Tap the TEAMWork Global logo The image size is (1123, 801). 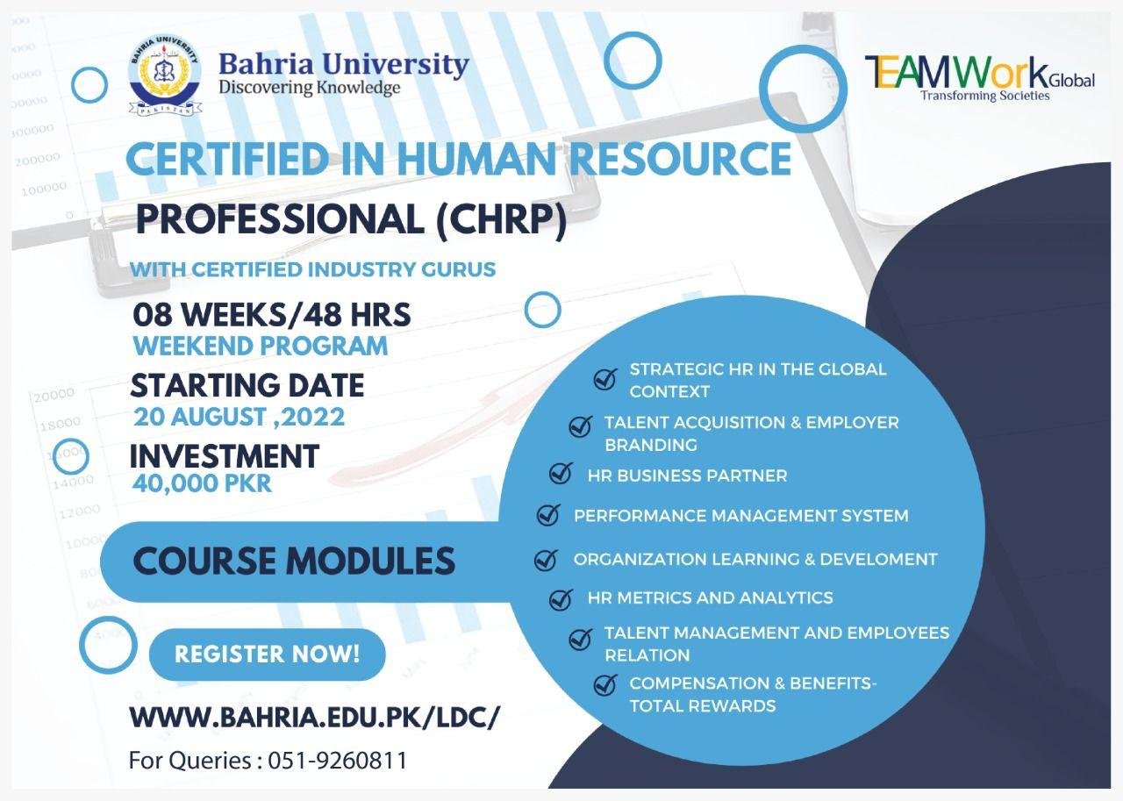tap(980, 79)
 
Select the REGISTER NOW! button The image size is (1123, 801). tap(268, 654)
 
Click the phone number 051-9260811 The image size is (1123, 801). tap(338, 761)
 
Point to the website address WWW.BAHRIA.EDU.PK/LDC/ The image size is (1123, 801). tap(314, 718)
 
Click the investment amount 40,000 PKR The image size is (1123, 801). tap(202, 483)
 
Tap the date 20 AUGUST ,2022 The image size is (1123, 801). tap(240, 417)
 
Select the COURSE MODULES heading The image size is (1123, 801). tap(294, 561)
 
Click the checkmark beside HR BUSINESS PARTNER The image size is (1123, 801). tap(561, 473)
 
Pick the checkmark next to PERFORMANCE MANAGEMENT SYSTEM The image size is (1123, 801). tap(548, 514)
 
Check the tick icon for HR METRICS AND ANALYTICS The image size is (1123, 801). tap(561, 599)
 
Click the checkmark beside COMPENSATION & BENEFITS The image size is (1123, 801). tap(605, 684)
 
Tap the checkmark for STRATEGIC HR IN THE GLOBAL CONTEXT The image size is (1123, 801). tap(605, 379)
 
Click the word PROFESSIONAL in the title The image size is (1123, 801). tap(280, 219)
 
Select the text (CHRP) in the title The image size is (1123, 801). tap(501, 220)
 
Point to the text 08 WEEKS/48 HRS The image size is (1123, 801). tap(272, 315)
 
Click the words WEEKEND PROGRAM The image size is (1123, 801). tap(261, 347)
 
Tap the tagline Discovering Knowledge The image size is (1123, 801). tap(310, 88)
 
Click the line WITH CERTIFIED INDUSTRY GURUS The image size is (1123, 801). tap(313, 269)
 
